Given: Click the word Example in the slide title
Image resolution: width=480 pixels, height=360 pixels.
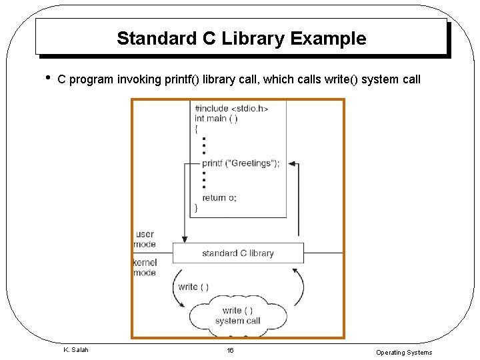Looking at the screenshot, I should (x=328, y=39).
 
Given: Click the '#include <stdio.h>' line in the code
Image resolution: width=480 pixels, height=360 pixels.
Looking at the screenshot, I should (x=231, y=108).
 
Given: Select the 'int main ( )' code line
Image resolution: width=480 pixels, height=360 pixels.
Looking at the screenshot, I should (x=216, y=119).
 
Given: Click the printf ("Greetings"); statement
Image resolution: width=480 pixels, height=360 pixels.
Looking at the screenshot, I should (x=241, y=163).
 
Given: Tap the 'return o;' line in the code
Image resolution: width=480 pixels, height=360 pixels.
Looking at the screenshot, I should (x=219, y=197).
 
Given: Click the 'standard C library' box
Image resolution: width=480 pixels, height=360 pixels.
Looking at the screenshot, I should (x=238, y=253).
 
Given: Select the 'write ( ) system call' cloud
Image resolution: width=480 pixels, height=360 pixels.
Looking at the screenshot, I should (x=237, y=315).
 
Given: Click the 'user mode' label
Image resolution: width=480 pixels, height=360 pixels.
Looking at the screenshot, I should (x=145, y=239).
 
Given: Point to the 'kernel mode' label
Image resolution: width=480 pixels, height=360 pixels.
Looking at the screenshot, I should (x=145, y=267).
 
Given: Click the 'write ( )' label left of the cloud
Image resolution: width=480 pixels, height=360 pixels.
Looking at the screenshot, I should (x=193, y=287).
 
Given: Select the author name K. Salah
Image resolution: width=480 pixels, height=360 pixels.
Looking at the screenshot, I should (x=76, y=350).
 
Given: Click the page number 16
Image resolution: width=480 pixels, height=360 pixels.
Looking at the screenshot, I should (x=230, y=351).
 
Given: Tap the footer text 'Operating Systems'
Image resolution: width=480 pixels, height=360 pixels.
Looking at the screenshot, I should (x=403, y=353).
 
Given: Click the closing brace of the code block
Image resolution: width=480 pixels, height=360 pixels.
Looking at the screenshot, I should (x=195, y=208).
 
